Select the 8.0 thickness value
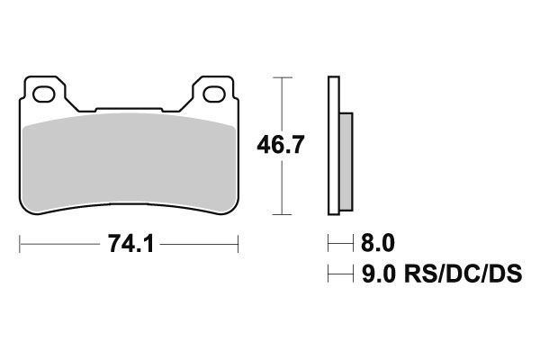376,244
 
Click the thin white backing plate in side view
335,148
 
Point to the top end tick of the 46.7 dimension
284,78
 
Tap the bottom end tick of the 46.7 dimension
284,215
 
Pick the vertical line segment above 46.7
284,103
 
